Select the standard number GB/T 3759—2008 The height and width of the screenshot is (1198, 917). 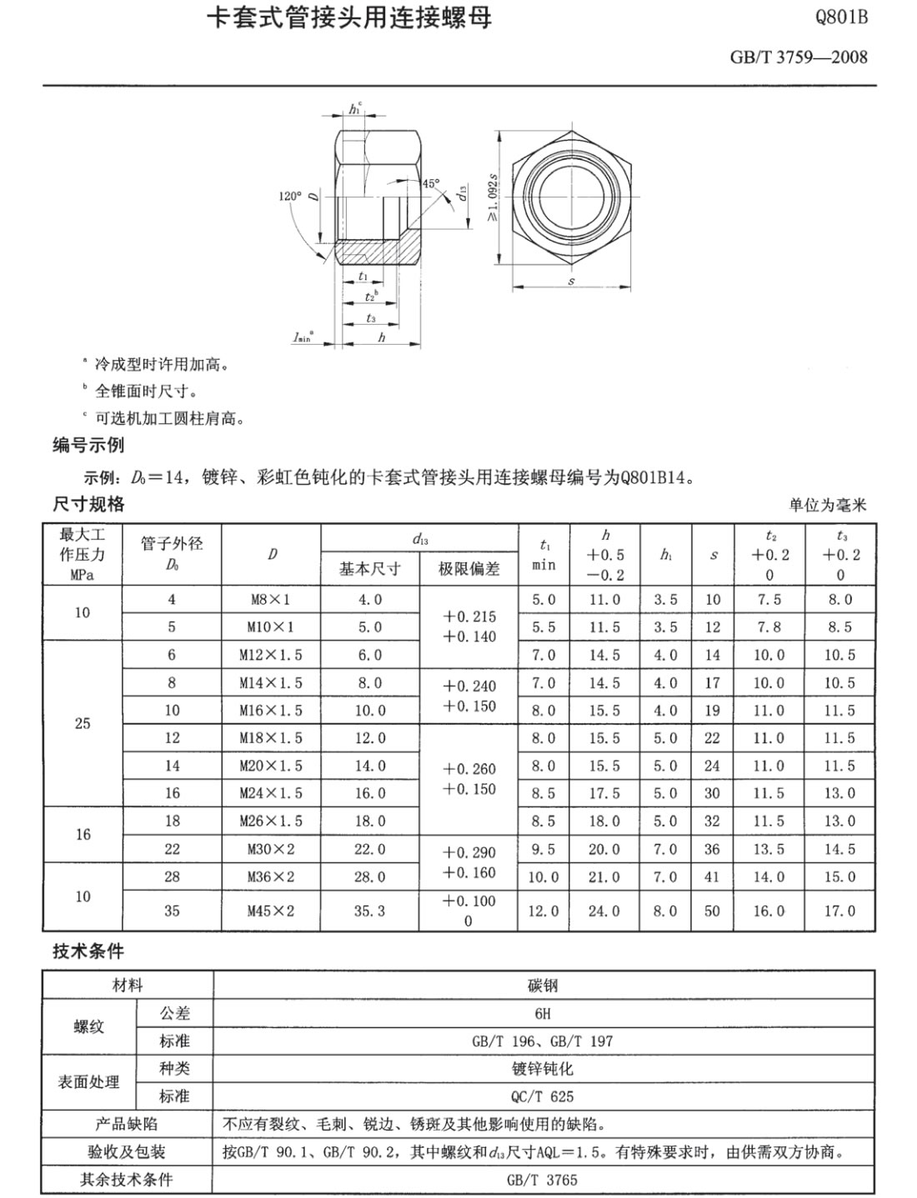[798, 57]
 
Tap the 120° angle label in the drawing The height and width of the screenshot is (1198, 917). [290, 196]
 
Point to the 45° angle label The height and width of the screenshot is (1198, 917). [430, 183]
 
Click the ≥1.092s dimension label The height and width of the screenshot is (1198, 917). [493, 197]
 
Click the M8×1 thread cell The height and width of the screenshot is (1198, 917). [270, 600]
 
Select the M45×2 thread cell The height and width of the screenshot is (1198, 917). [270, 911]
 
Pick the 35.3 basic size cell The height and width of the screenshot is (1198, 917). [369, 911]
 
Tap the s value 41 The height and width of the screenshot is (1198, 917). [712, 876]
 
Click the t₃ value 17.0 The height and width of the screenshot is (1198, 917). [839, 911]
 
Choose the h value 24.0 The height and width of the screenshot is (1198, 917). [604, 911]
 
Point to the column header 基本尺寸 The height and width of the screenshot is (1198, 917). [369, 569]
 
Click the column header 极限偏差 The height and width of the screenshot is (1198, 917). [469, 569]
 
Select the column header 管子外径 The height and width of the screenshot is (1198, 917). [172, 544]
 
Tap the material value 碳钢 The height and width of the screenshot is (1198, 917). [543, 986]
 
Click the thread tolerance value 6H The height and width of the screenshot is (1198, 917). [543, 1013]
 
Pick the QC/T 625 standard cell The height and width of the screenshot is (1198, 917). [543, 1096]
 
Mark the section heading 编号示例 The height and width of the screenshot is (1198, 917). [88, 445]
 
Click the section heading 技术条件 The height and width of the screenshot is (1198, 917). [88, 951]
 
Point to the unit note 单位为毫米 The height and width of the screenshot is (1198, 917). [828, 505]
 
